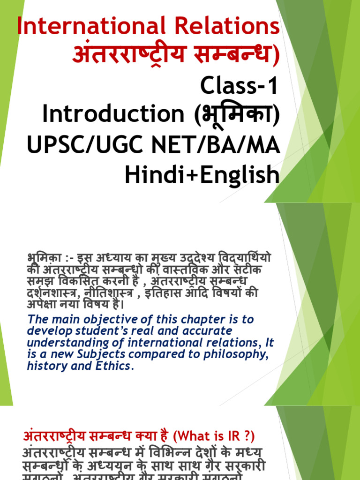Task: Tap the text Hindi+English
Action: tap(202, 176)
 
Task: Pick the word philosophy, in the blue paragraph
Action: tap(237, 355)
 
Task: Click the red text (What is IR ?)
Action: tap(214, 436)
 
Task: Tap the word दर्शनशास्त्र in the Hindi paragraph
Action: tap(47, 293)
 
